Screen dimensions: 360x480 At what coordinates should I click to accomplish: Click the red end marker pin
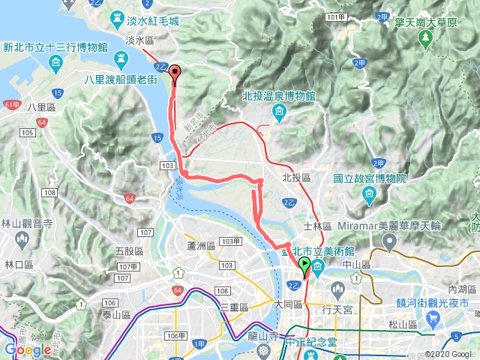point(176,73)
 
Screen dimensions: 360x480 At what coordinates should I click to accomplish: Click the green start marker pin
point(304,264)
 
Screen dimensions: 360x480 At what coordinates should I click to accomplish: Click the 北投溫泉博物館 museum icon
point(279,113)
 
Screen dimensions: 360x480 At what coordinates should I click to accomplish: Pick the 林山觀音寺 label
point(25,223)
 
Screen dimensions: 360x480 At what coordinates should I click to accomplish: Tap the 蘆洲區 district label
point(201,246)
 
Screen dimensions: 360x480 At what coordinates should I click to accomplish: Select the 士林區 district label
point(312,225)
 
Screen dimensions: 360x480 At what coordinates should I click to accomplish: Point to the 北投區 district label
point(295,178)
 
